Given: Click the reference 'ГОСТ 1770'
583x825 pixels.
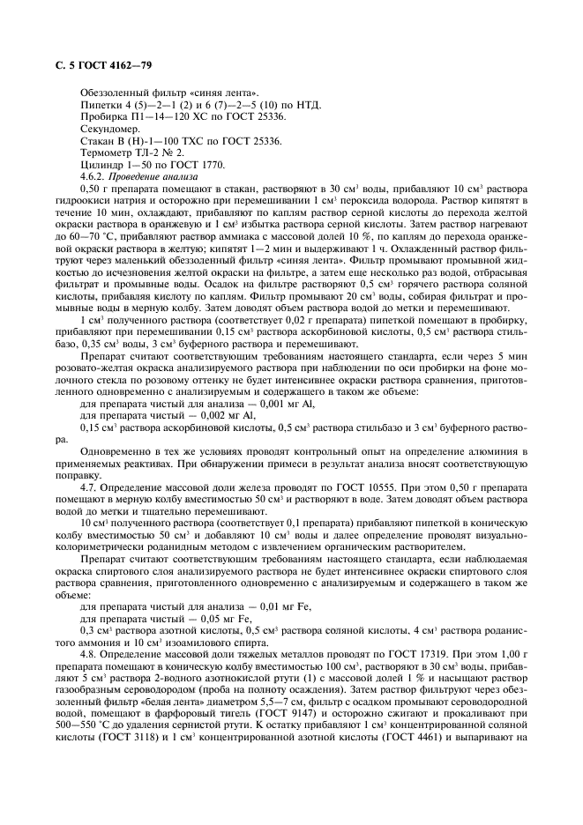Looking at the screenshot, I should click(x=197, y=165).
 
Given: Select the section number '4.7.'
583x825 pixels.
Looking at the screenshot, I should click(x=88, y=486).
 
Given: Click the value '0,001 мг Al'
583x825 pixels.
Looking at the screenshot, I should click(x=265, y=403).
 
